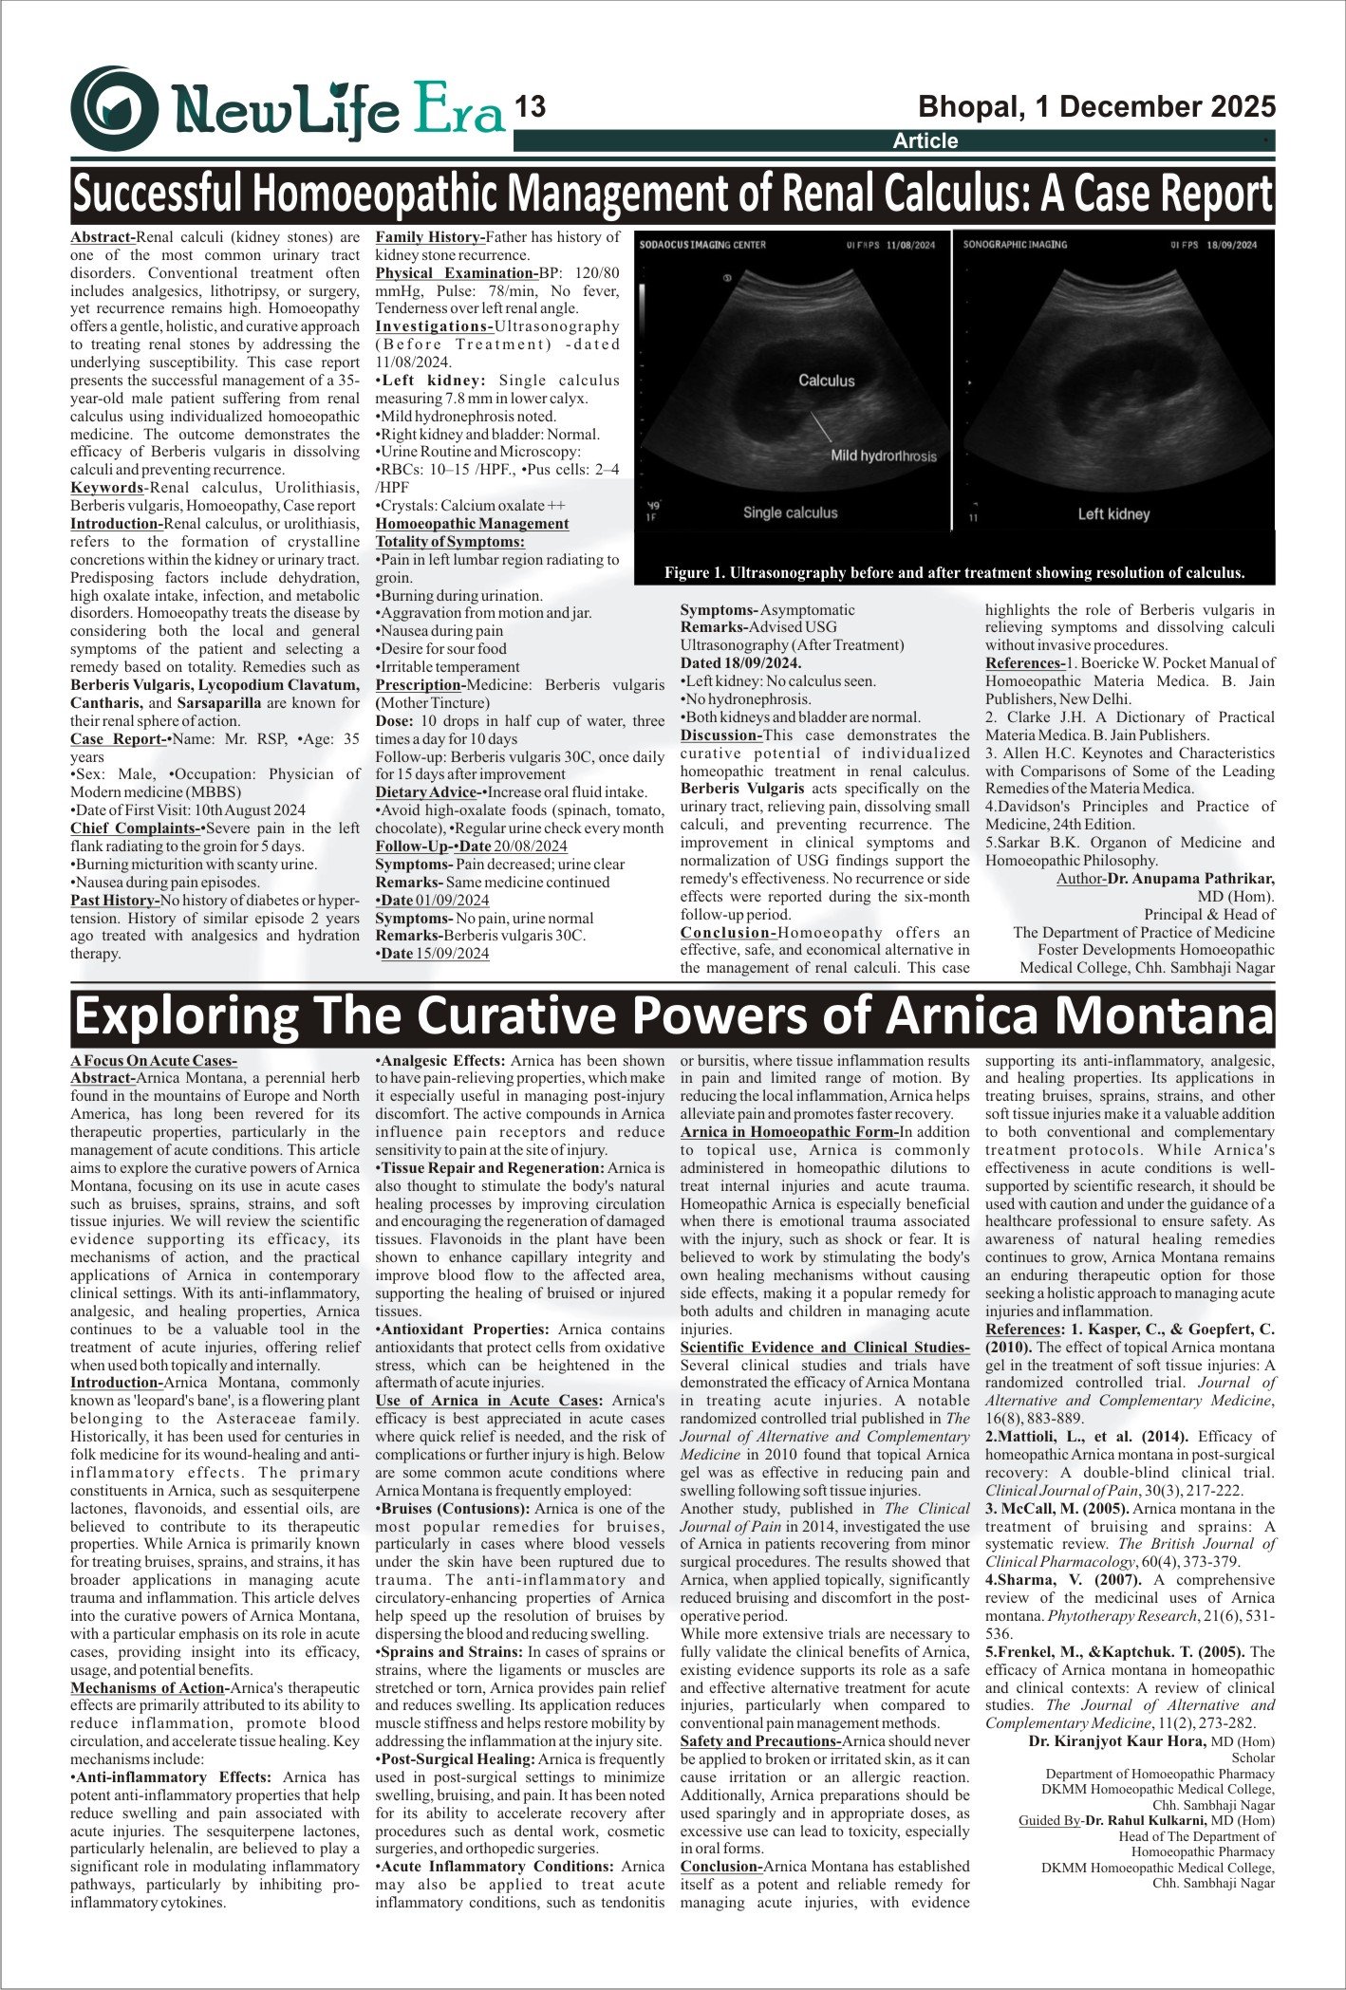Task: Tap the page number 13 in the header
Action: pos(530,107)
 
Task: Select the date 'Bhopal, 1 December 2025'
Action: pos(1096,107)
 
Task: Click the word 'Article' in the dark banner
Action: pos(925,141)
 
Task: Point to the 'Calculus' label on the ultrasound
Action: pos(826,381)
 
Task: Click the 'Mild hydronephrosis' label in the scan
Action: pos(883,456)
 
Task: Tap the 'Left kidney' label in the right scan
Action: pos(1113,513)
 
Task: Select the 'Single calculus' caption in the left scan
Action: pos(790,512)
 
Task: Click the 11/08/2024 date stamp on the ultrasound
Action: pos(910,245)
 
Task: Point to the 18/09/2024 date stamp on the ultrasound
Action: pos(1232,245)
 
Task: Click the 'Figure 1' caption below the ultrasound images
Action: pos(954,572)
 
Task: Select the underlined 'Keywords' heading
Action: pos(106,488)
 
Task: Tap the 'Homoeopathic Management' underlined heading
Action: pos(472,524)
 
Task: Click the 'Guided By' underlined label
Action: pos(1050,1820)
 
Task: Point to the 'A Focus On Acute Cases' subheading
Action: pos(153,1060)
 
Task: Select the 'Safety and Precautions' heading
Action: pos(760,1741)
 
